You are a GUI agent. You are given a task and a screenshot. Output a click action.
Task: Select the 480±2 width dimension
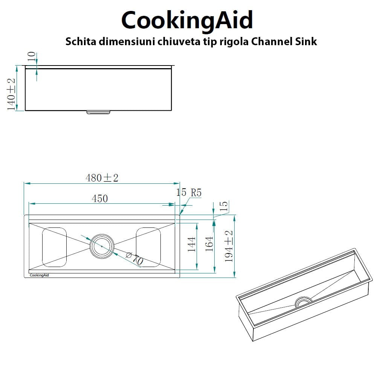(x=102, y=178)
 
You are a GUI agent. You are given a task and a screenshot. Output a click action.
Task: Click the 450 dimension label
(x=100, y=198)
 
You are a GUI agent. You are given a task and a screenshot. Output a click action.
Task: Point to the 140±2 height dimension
(x=11, y=94)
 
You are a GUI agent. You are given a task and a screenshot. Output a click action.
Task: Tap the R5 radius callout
(x=196, y=193)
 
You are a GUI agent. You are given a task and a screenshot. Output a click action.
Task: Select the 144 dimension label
(x=191, y=244)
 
